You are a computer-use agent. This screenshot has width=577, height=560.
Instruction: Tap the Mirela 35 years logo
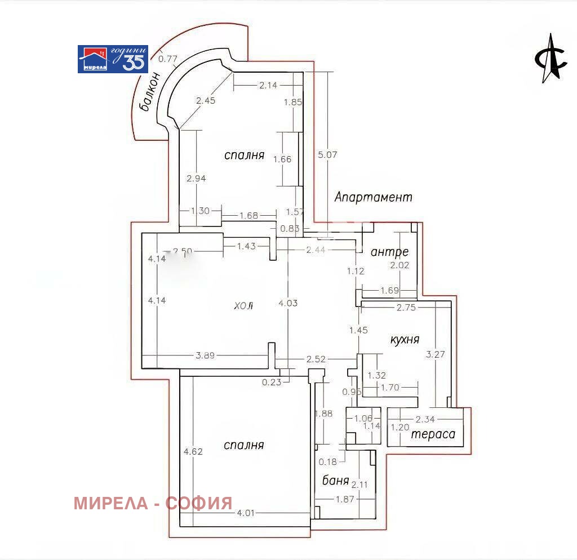(x=113, y=59)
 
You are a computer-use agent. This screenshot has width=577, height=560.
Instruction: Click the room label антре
(x=389, y=252)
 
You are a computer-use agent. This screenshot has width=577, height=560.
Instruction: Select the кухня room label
(x=405, y=340)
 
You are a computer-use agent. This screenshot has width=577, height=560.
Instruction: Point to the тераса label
(x=433, y=435)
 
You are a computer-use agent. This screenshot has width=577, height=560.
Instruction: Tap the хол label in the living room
(x=243, y=306)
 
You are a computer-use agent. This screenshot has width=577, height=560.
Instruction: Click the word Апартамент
(x=373, y=197)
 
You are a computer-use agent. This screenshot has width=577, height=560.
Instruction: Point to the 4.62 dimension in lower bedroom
(x=193, y=451)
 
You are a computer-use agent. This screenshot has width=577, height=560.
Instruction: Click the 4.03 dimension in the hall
(x=288, y=303)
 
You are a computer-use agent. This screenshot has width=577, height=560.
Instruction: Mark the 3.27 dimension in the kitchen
(x=435, y=355)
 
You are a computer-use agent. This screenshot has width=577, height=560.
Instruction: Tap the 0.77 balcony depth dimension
(x=168, y=57)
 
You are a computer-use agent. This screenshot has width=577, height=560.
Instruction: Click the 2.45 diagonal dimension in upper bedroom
(x=206, y=101)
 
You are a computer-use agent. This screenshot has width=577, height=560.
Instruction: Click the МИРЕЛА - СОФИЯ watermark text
(x=153, y=503)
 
